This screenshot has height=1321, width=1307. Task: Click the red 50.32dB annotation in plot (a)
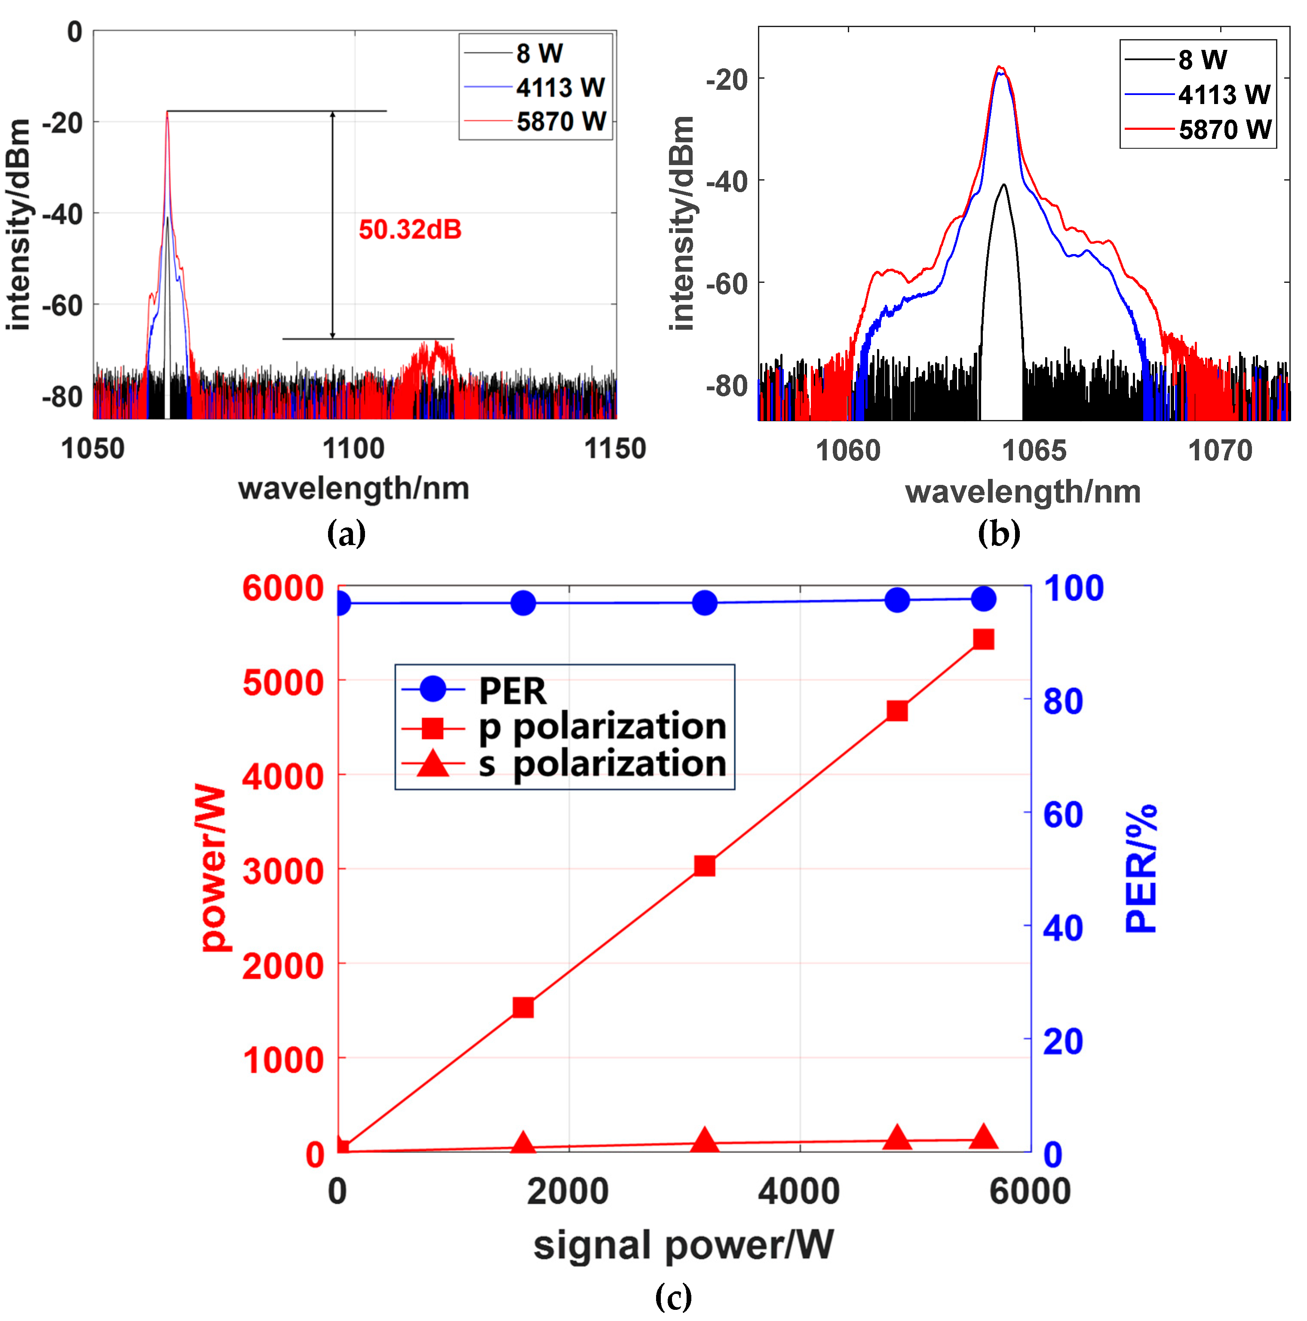click(410, 230)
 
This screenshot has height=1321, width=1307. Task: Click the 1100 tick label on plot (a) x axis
click(353, 449)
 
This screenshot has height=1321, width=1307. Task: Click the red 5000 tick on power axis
click(282, 682)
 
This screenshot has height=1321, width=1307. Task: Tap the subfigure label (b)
click(999, 533)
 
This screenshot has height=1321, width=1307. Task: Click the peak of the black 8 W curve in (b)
click(1003, 184)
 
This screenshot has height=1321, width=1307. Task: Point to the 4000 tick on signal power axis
click(799, 1191)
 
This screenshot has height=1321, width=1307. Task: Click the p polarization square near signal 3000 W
click(705, 866)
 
